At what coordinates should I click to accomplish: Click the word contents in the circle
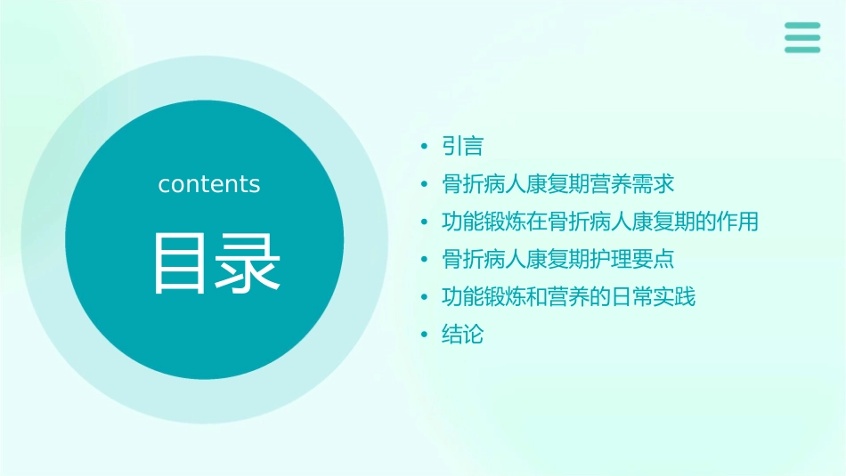click(x=209, y=184)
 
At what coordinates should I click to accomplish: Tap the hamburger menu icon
click(x=802, y=37)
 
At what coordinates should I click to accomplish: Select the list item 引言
click(x=462, y=146)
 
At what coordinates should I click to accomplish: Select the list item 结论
click(x=462, y=335)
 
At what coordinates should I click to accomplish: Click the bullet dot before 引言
click(x=425, y=146)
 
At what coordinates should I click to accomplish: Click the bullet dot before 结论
click(x=425, y=335)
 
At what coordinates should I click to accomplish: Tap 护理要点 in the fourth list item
click(x=632, y=260)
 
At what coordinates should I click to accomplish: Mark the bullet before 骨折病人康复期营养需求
click(x=425, y=184)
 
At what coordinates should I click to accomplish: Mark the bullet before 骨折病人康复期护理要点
click(x=425, y=260)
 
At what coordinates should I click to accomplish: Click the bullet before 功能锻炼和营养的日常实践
click(x=425, y=297)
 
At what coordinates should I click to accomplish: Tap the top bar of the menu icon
click(x=802, y=25)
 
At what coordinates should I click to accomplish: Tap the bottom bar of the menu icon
click(x=802, y=50)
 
